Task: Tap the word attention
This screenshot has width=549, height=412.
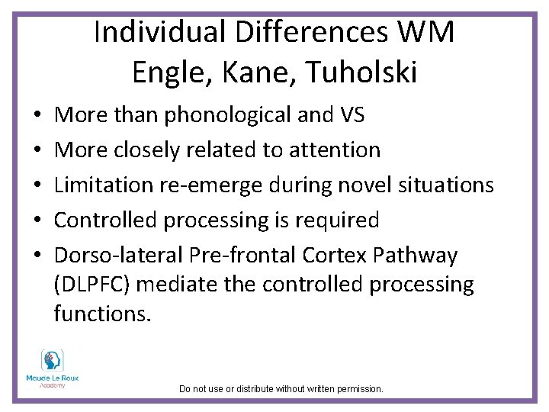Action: click(x=333, y=150)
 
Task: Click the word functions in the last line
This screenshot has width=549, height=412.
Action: click(x=102, y=313)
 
